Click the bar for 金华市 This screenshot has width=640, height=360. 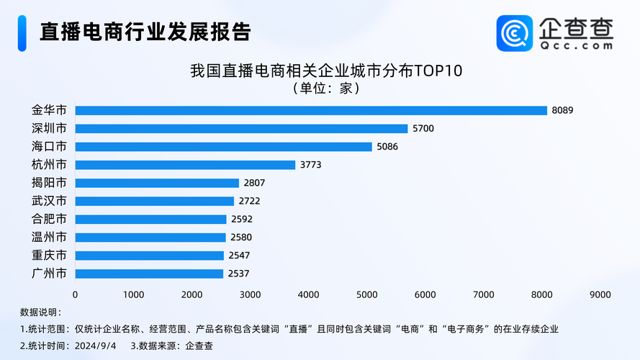point(311,110)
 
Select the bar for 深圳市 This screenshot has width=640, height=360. point(241,128)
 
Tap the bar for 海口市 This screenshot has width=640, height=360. point(223,146)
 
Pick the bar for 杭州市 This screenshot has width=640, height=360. point(185,165)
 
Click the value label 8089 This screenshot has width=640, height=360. point(563,110)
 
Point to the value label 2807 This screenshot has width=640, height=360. point(254,183)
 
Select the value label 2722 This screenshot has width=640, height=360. point(249,201)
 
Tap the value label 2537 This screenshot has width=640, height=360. point(238,274)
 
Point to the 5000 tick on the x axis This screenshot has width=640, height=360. point(366,294)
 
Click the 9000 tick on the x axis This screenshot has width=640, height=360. point(600,294)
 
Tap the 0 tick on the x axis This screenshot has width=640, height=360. point(76,294)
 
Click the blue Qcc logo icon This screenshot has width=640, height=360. point(515,33)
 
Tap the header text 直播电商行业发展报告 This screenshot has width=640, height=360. point(145,32)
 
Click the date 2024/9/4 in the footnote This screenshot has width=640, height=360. point(97,345)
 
